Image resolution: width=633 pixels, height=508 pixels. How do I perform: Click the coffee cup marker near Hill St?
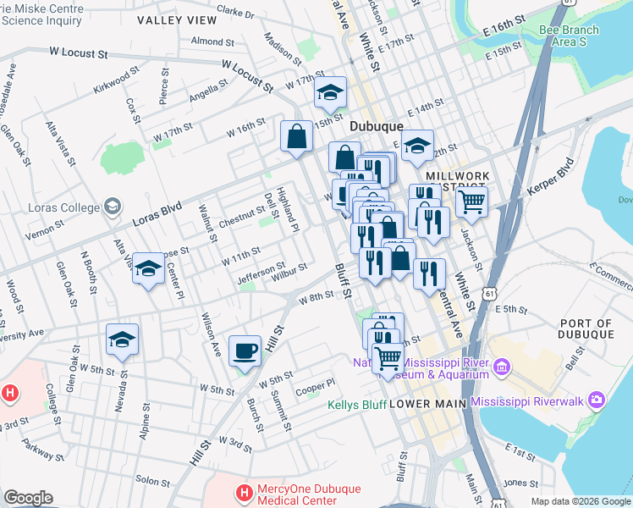245,350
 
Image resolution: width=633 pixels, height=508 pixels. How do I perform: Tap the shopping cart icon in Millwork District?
471,202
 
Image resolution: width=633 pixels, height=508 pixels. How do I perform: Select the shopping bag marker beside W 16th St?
297,136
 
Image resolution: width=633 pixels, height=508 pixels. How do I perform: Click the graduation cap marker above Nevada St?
122,340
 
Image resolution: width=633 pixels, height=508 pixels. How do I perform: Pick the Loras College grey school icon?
111,207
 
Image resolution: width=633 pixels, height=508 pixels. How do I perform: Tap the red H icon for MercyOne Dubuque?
244,492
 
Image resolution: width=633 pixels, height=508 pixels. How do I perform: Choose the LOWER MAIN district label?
427,404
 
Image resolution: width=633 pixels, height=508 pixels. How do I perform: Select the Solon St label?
153,480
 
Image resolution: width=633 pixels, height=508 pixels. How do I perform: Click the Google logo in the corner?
28,498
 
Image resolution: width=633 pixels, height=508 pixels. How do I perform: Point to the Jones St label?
515,483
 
